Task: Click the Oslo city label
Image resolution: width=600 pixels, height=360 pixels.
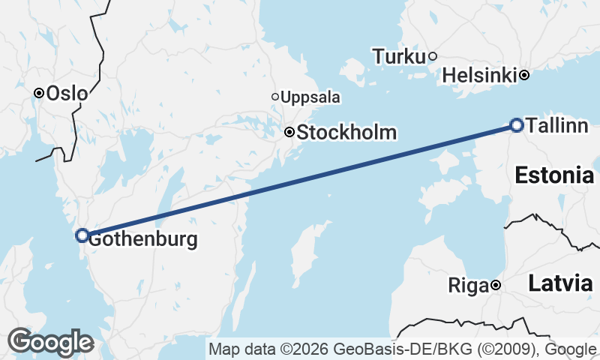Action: point(67,94)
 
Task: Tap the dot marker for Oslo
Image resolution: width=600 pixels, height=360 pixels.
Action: point(38,93)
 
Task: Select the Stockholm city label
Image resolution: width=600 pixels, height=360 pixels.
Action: point(346,133)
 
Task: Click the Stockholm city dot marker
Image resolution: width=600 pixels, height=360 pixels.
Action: point(289,132)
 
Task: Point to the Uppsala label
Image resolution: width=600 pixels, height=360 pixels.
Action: point(310,97)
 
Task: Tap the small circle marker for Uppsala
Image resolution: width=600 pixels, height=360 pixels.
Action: point(275,97)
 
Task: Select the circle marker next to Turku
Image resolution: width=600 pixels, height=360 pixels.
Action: point(433,55)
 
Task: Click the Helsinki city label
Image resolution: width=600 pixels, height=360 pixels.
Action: point(479,75)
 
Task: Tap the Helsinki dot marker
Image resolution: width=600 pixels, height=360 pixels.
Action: point(524,74)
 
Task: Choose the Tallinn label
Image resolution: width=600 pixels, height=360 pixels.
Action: point(557,126)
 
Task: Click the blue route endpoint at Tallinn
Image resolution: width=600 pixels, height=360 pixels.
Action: point(516,124)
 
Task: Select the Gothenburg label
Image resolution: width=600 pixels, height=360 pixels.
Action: point(143,240)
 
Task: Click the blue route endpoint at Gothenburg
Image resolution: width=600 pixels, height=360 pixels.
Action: point(82,235)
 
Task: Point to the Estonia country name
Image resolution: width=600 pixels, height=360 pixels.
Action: point(554,176)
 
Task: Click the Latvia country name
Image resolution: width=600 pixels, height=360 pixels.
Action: point(560,283)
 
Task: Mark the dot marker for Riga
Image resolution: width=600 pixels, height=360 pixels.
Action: point(496,285)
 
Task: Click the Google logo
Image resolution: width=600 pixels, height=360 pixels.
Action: point(50,342)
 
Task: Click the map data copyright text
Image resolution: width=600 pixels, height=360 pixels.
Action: point(403,349)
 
